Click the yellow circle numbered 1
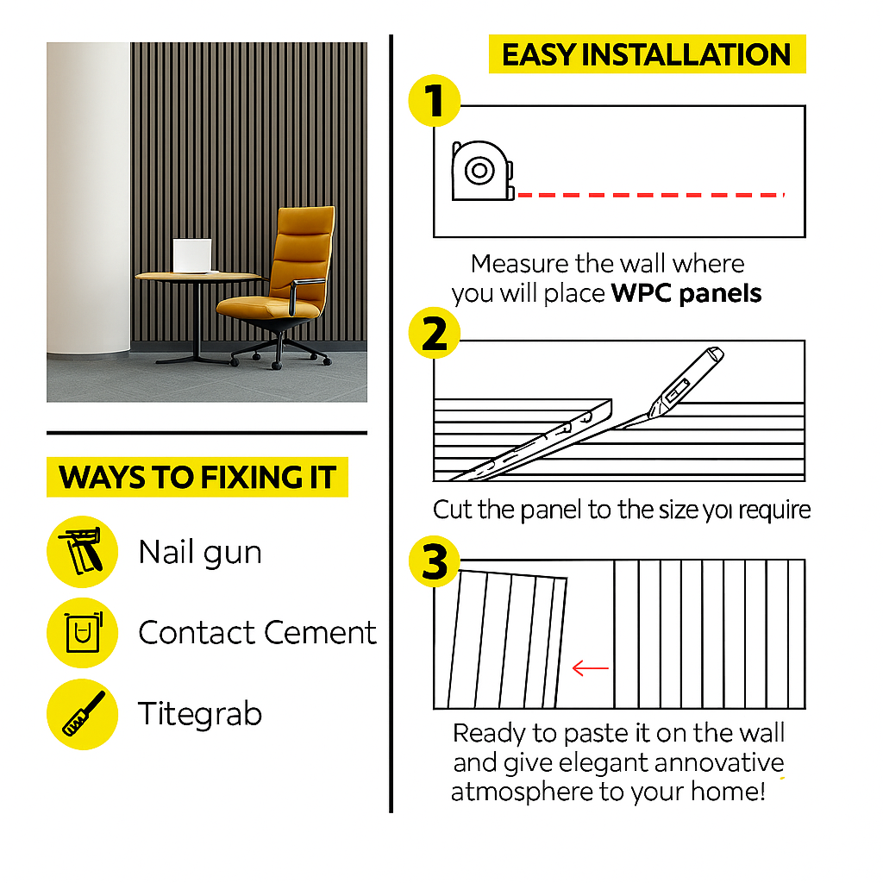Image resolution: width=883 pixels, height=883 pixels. click(x=435, y=101)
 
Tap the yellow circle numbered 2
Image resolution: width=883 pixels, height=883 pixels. click(x=435, y=333)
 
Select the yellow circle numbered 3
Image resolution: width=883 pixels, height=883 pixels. click(x=435, y=561)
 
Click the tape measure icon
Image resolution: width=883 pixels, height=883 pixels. click(x=483, y=171)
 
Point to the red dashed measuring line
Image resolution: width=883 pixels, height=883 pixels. click(x=651, y=195)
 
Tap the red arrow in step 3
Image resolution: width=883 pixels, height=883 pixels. click(x=590, y=668)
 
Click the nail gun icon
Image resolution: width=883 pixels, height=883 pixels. click(x=82, y=551)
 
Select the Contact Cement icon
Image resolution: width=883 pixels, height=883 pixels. click(x=82, y=632)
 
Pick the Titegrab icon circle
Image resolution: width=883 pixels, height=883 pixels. click(x=82, y=714)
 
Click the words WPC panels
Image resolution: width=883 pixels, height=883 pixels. click(x=686, y=293)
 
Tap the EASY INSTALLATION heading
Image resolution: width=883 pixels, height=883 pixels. click(x=647, y=54)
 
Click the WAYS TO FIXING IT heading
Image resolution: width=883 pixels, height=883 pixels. click(x=197, y=477)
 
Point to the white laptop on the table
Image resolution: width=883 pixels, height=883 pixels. click(x=192, y=256)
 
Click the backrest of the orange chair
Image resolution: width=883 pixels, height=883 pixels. click(x=303, y=252)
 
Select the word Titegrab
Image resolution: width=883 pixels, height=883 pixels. click(x=200, y=714)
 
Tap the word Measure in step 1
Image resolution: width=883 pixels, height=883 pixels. click(x=520, y=264)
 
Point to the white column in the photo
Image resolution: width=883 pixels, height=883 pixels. click(x=89, y=200)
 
